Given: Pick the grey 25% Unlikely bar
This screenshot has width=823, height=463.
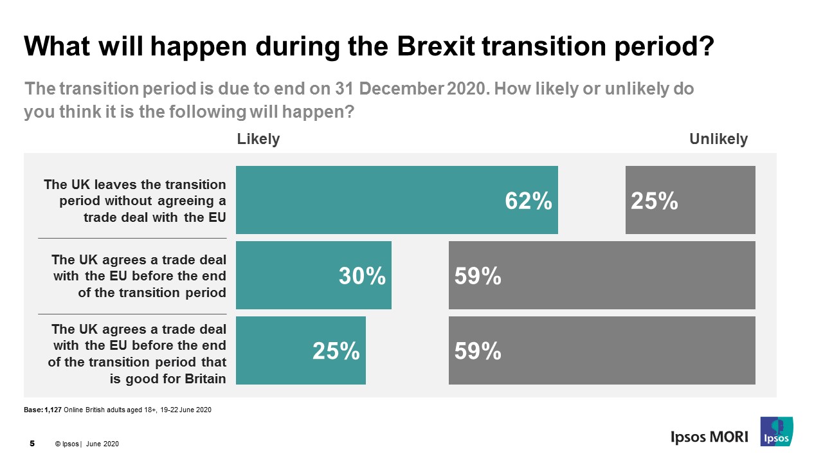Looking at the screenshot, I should pyautogui.click(x=690, y=200).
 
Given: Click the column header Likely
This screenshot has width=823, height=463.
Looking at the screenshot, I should pyautogui.click(x=258, y=139).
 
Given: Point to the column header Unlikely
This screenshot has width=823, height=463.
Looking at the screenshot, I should pyautogui.click(x=718, y=139).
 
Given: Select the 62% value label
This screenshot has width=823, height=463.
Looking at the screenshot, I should pyautogui.click(x=528, y=201).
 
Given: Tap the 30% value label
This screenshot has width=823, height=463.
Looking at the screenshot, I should pyautogui.click(x=362, y=277).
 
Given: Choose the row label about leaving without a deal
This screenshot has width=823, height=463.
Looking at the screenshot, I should pyautogui.click(x=135, y=201).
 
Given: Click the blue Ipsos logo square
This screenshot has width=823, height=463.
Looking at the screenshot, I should pyautogui.click(x=776, y=431).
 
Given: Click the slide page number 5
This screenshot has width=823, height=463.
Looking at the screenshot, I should pyautogui.click(x=32, y=444).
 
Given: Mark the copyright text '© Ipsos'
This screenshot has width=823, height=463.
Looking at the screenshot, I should pyautogui.click(x=68, y=444).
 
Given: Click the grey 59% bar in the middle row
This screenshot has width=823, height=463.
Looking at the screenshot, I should pyautogui.click(x=602, y=275).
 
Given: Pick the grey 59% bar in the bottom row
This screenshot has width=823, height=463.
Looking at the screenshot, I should pyautogui.click(x=602, y=350).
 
